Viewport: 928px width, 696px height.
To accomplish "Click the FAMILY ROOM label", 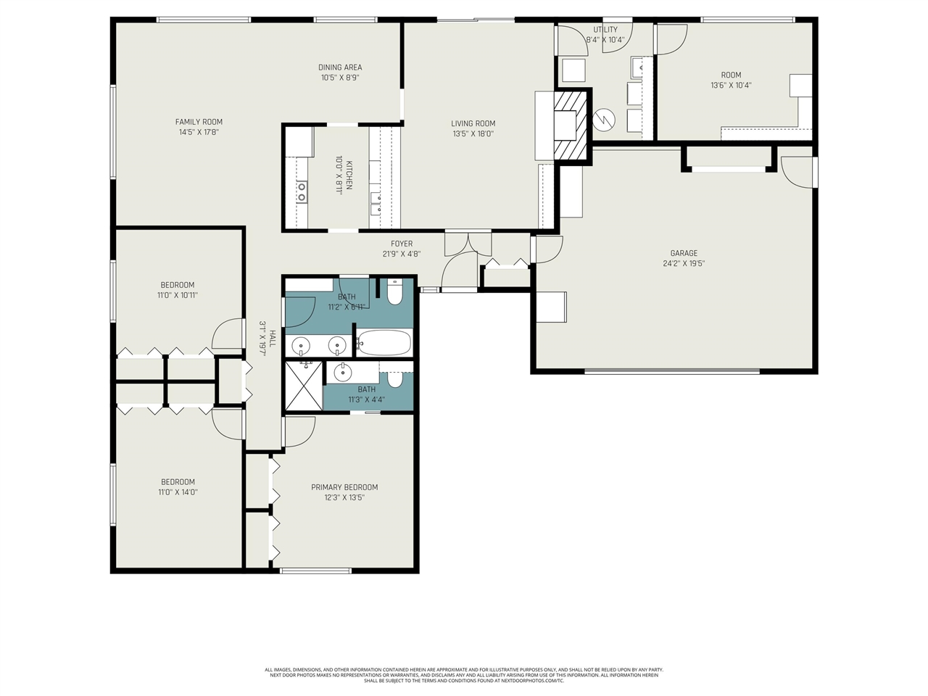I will [x=199, y=122].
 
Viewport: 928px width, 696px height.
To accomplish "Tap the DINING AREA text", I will [x=340, y=67].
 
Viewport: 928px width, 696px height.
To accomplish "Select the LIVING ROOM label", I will [x=473, y=123].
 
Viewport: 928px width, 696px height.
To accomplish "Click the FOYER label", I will [x=402, y=244].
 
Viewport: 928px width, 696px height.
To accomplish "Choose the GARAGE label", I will [x=684, y=253].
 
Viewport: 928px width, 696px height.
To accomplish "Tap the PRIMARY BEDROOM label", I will [x=344, y=487].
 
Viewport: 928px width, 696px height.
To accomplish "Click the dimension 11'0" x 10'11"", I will [x=178, y=295].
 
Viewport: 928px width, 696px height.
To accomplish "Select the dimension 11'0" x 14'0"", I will [x=178, y=492].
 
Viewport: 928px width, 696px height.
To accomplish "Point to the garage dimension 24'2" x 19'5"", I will [x=684, y=264].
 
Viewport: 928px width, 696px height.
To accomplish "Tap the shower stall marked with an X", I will [x=304, y=385].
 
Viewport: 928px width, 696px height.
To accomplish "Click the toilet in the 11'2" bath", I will [x=394, y=293].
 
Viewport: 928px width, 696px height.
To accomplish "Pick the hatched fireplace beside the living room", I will [x=569, y=124].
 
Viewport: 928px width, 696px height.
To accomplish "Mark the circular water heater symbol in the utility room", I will [x=603, y=117].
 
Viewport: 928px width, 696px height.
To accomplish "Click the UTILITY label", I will [x=605, y=30].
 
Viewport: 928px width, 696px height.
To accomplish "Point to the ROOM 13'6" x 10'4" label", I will [x=731, y=75].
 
